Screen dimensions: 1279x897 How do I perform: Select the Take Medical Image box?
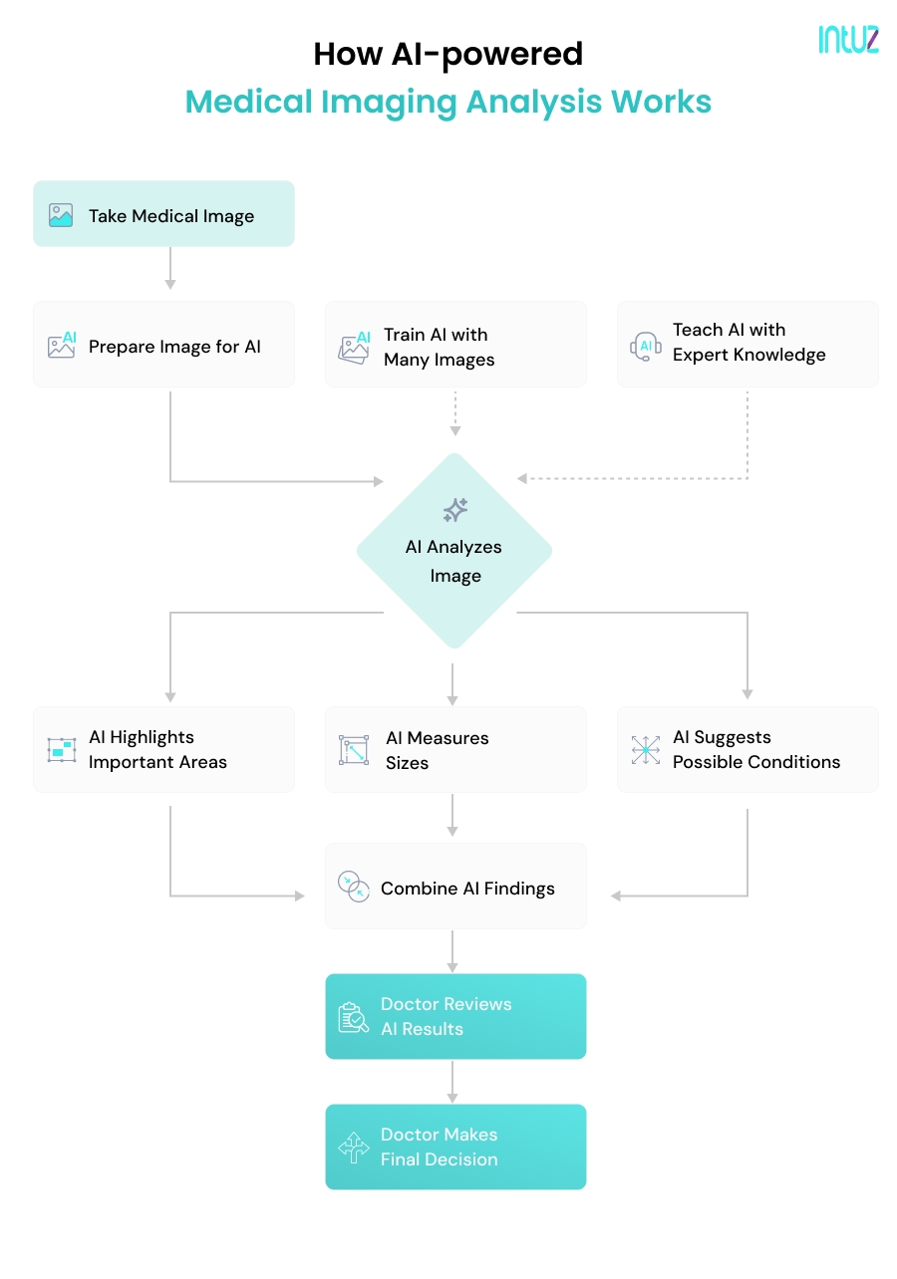pos(163,214)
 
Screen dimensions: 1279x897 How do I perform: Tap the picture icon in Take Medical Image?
pos(61,215)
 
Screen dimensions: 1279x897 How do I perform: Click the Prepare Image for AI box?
pos(163,345)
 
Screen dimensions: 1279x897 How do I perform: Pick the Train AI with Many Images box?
pos(455,345)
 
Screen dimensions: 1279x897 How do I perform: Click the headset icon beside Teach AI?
pos(645,345)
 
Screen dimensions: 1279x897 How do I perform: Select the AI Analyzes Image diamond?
pos(454,551)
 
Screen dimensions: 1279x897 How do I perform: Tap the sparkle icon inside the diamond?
pos(455,510)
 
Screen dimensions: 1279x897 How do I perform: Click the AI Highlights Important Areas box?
pos(163,750)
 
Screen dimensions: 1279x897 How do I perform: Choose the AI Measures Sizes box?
pos(455,750)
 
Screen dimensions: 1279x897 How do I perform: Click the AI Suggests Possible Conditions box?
pos(747,750)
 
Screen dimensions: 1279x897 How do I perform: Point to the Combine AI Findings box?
pos(455,887)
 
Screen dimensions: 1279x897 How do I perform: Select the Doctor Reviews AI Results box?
pos(455,1016)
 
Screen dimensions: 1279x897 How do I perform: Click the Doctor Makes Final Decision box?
pos(455,1147)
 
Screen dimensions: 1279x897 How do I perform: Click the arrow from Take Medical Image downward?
pos(170,268)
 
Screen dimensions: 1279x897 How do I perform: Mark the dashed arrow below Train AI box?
pos(455,412)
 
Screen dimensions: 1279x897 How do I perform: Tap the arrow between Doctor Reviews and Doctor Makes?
pos(452,1081)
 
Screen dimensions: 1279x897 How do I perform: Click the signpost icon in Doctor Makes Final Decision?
pos(353,1148)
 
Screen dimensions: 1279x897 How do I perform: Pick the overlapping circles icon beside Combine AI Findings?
pos(353,887)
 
